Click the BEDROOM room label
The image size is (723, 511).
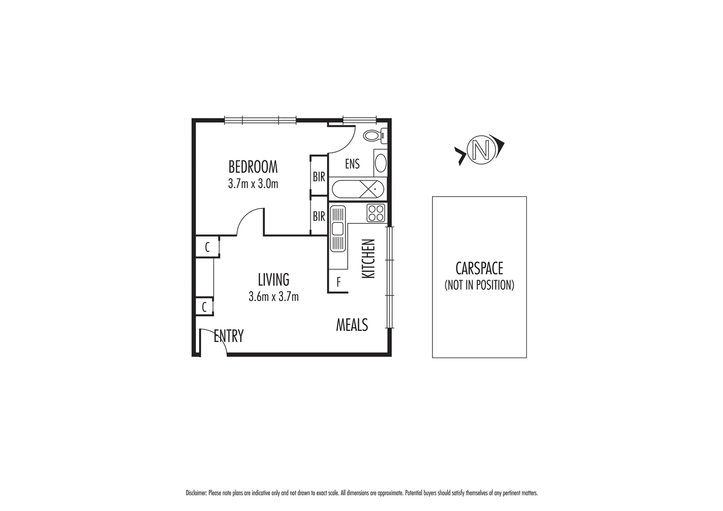(x=253, y=167)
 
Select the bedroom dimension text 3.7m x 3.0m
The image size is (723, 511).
(x=253, y=184)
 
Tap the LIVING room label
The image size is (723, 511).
(x=273, y=280)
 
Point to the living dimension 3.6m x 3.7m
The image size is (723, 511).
(x=273, y=297)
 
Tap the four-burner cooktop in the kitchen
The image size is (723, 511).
(x=376, y=212)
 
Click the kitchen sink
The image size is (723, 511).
(x=337, y=229)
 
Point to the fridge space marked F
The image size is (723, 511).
(x=338, y=283)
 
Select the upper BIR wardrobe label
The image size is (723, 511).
(x=319, y=177)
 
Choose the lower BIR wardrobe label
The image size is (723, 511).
(x=319, y=216)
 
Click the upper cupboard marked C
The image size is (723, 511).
(x=207, y=247)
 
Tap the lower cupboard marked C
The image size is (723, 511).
(x=204, y=307)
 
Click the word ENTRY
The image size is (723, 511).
(x=229, y=336)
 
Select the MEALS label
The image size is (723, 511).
(x=352, y=325)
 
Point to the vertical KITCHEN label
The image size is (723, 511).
(x=368, y=258)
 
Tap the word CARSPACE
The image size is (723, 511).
(x=479, y=269)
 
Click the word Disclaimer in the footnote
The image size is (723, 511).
(x=196, y=493)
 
